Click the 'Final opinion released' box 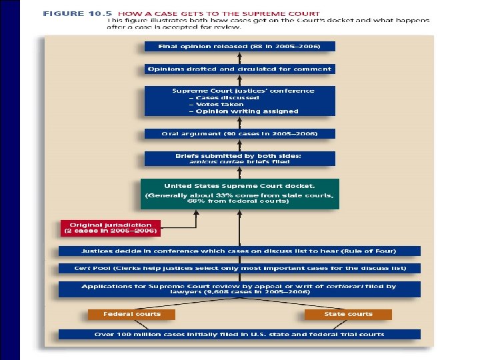click(x=239, y=47)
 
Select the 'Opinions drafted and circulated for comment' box click(x=239, y=69)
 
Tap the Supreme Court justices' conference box click(x=239, y=101)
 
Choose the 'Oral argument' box click(x=239, y=133)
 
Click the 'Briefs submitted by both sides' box click(x=239, y=158)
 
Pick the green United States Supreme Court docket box click(x=239, y=193)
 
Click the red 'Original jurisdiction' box click(x=111, y=228)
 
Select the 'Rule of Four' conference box click(x=239, y=251)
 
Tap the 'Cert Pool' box click(x=239, y=267)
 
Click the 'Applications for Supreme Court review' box click(x=239, y=289)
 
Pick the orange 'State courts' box click(x=348, y=313)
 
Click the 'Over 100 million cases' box click(x=239, y=334)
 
